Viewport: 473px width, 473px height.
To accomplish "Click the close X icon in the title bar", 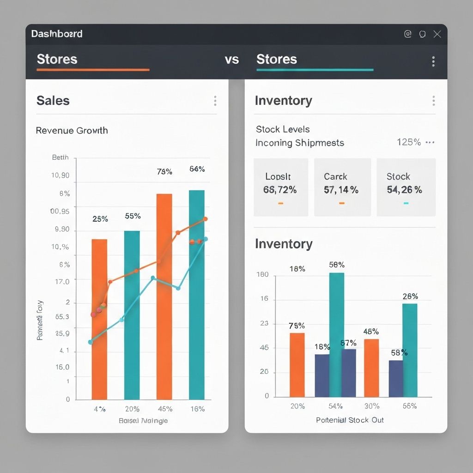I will click(x=437, y=34).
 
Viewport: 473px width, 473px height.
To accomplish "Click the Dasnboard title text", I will click(x=57, y=34).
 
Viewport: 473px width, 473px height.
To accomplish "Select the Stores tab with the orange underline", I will click(x=57, y=60).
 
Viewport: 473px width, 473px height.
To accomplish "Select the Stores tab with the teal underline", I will click(x=276, y=60).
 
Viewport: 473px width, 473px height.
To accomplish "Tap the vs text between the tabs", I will click(x=232, y=60).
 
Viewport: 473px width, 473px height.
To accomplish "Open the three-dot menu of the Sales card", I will click(x=215, y=101).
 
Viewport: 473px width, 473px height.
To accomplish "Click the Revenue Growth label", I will click(x=72, y=130).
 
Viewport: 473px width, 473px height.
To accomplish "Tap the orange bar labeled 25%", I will click(x=99, y=319).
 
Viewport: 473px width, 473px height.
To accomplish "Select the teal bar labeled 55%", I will click(x=132, y=314).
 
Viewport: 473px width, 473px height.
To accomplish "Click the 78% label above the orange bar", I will click(x=164, y=172).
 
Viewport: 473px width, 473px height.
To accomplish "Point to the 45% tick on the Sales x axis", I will click(x=165, y=409).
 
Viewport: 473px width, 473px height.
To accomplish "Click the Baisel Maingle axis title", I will click(x=143, y=421).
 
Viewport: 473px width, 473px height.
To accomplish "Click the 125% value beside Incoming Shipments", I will click(x=409, y=142).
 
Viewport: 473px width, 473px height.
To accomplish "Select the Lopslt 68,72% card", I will click(x=281, y=187).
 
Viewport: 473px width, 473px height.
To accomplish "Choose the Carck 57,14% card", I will click(x=342, y=187).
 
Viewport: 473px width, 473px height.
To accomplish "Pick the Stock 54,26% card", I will click(x=406, y=187).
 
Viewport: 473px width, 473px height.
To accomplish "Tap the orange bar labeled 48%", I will click(x=371, y=368).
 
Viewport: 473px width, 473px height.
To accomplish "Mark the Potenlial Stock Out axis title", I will click(x=350, y=420).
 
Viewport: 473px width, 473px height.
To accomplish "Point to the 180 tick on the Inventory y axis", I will click(x=262, y=275).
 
